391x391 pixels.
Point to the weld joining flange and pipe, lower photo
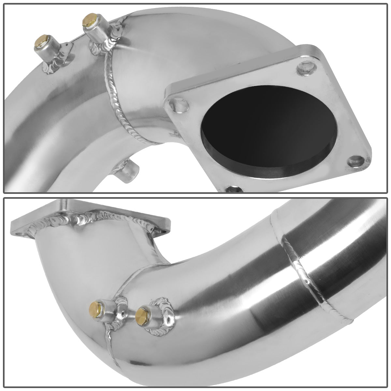click(98, 217)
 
